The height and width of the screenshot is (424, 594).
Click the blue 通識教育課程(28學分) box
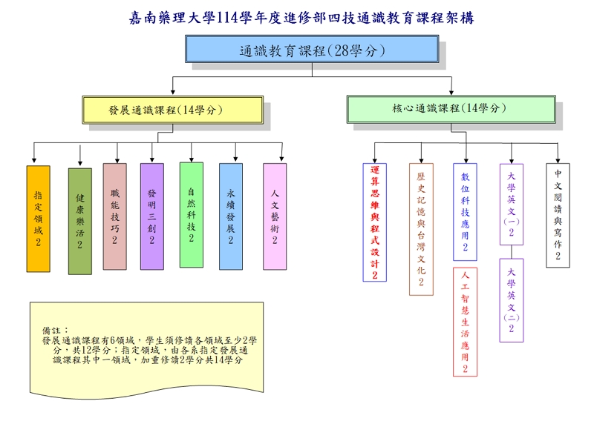[x=313, y=50]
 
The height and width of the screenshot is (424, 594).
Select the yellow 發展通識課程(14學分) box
[x=172, y=110]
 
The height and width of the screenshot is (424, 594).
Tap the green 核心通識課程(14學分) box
[x=450, y=108]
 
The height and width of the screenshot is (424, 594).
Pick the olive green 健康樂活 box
[x=80, y=221]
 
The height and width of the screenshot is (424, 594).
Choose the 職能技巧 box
[x=115, y=216]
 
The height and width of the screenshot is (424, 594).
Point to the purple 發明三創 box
[x=151, y=216]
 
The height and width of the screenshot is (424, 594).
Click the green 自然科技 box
[x=191, y=214]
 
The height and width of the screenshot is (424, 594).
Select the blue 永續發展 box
[x=231, y=216]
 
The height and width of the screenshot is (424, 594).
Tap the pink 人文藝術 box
[x=275, y=216]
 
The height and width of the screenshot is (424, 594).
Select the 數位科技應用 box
[x=465, y=212]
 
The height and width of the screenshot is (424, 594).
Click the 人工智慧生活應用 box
[x=465, y=322]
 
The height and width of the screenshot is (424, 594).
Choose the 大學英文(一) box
[x=511, y=205]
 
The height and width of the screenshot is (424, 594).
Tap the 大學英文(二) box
[x=511, y=299]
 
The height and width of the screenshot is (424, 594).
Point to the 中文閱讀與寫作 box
[x=558, y=215]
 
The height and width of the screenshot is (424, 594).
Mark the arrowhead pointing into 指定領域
[x=34, y=160]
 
